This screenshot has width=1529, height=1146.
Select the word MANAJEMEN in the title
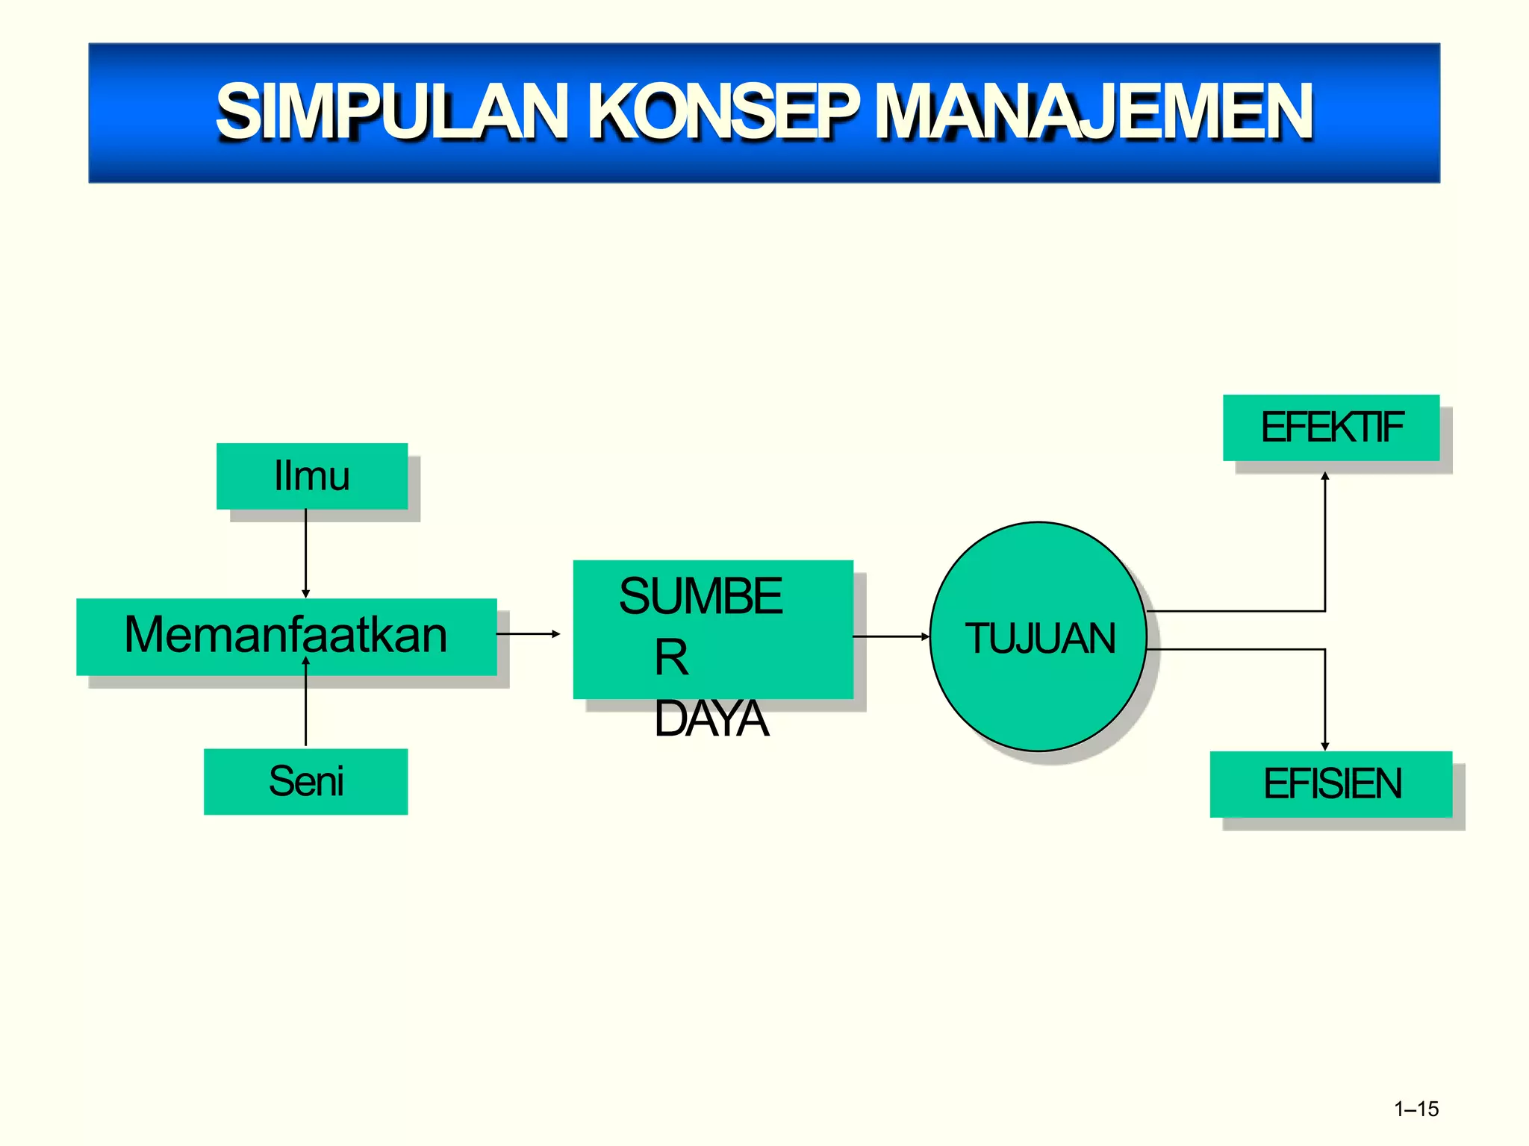(x=1094, y=112)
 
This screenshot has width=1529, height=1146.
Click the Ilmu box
(x=312, y=476)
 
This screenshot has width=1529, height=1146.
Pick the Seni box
(x=306, y=781)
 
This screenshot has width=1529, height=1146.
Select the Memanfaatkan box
(x=286, y=636)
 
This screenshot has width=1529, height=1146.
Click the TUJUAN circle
(x=1038, y=636)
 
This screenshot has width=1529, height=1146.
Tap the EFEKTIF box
(x=1331, y=428)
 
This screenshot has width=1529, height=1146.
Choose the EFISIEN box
(x=1331, y=783)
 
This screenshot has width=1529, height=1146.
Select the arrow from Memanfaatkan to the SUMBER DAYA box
(x=529, y=634)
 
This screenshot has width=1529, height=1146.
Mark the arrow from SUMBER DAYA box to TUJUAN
(x=891, y=636)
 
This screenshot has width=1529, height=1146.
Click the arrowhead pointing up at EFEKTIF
(x=1325, y=476)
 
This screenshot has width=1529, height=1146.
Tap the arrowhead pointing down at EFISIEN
(x=1325, y=745)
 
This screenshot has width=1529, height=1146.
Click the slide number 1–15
(x=1416, y=1109)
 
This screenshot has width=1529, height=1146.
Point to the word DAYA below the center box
(x=711, y=719)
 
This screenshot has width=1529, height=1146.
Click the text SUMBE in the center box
(x=700, y=596)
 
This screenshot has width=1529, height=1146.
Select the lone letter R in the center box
(x=671, y=658)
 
